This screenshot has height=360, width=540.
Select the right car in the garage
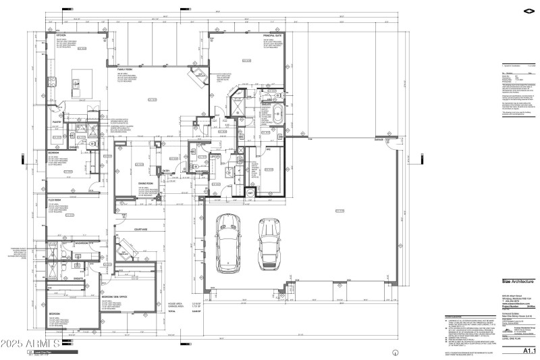[269, 245]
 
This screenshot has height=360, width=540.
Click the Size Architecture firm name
[518, 281]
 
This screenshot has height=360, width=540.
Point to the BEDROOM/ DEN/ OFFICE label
[115, 296]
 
